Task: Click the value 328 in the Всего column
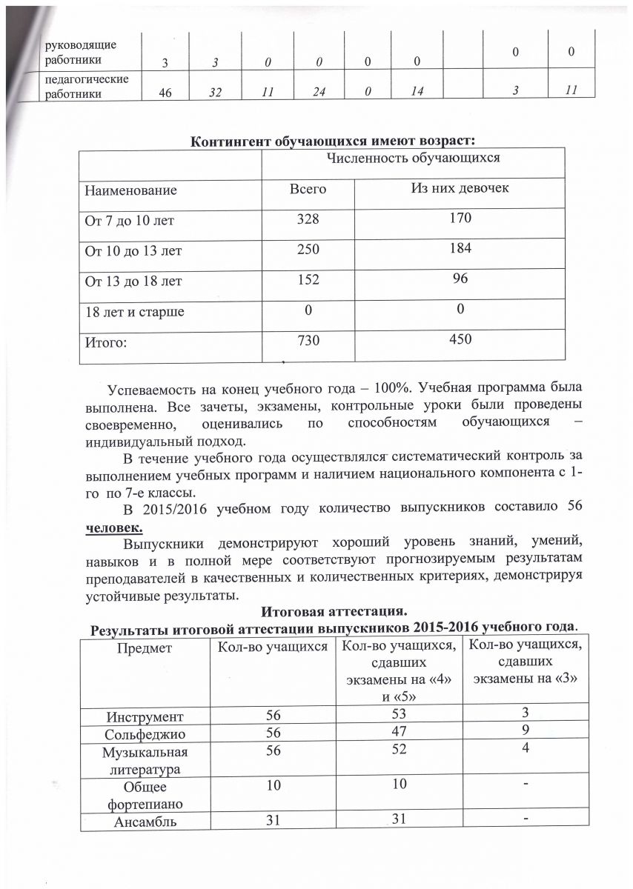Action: coord(308,220)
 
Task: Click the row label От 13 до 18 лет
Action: coord(131,282)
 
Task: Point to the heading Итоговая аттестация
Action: coord(334,613)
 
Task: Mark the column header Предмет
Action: coord(149,648)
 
